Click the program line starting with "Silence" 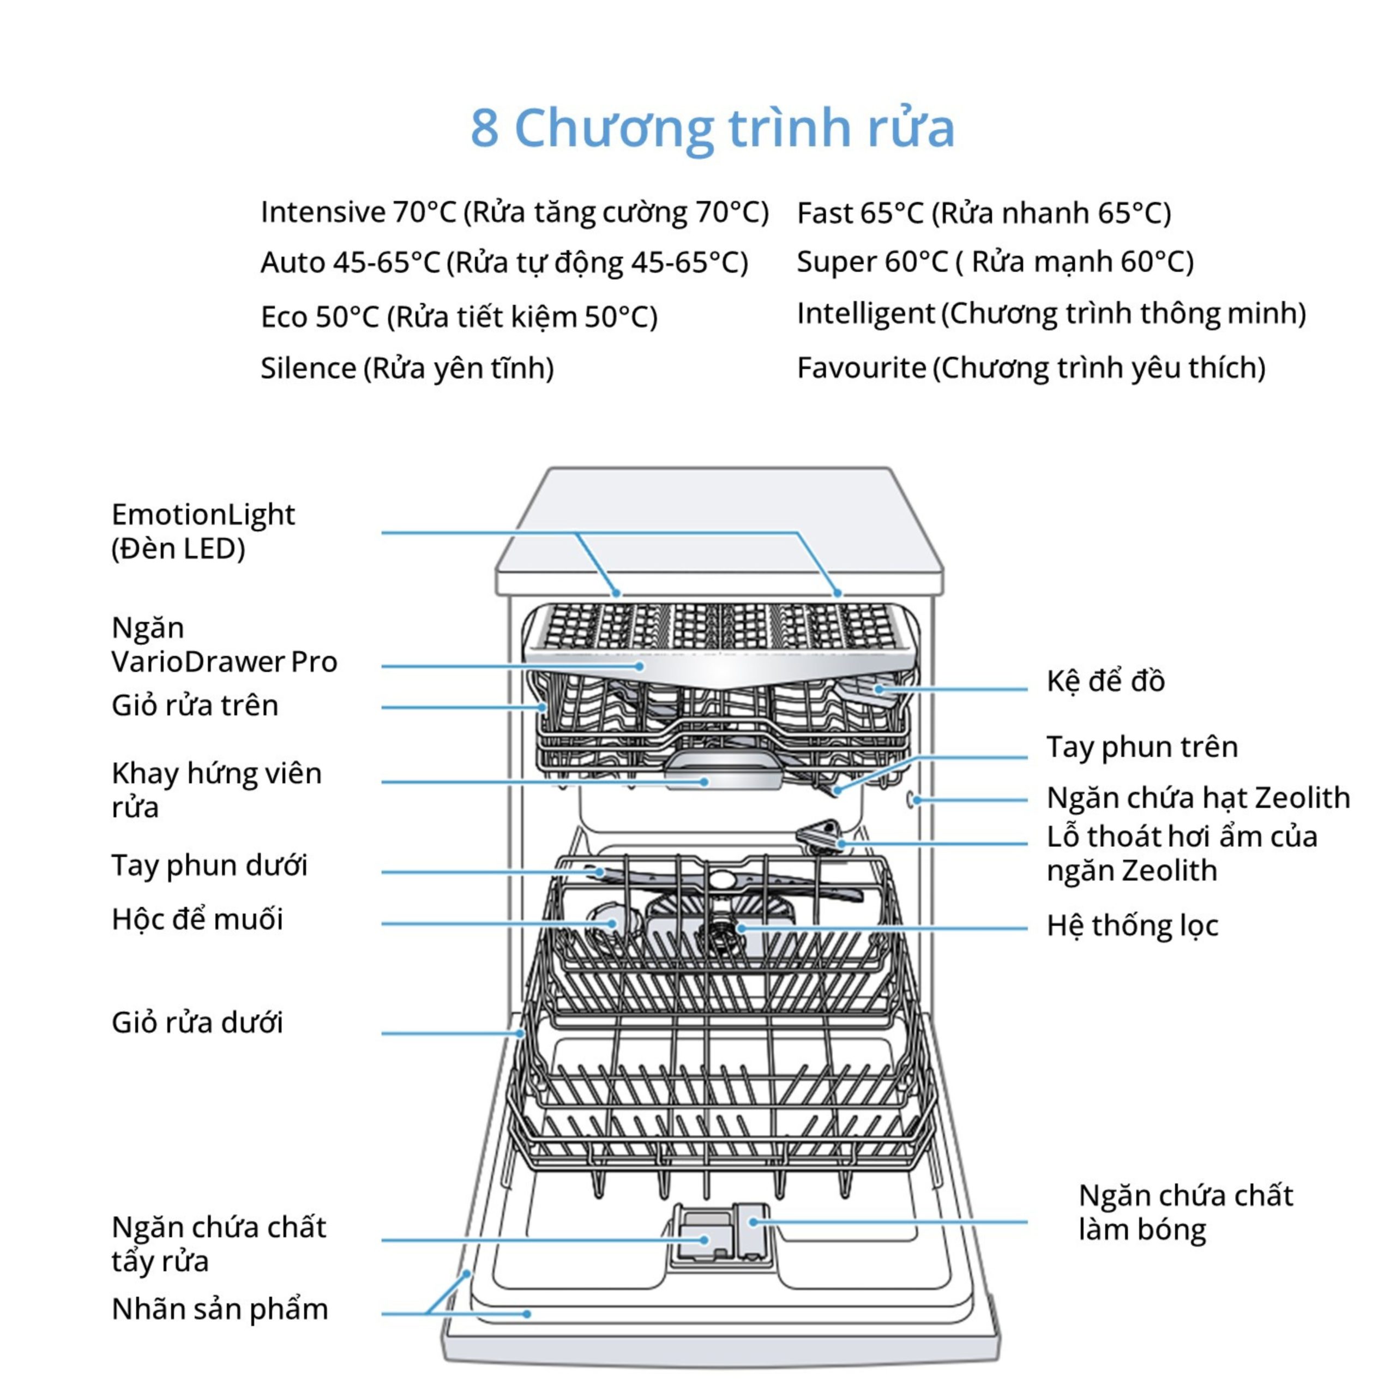coord(407,369)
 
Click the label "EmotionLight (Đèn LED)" coord(203,531)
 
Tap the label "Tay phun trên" coord(1142,747)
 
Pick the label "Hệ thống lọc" coord(1132,925)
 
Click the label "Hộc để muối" coord(196,919)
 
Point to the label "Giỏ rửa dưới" coord(196,1023)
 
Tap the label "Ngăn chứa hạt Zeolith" coord(1198,798)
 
